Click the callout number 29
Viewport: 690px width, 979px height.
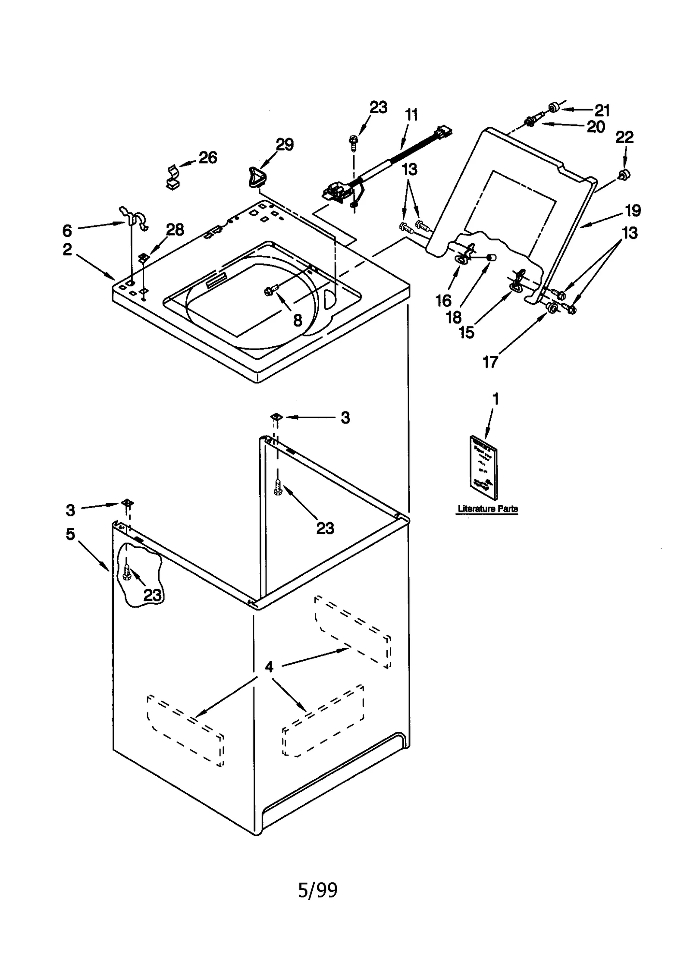click(285, 144)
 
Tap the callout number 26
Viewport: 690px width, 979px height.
click(207, 158)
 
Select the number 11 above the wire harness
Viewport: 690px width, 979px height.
click(411, 115)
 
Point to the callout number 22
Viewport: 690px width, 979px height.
click(624, 138)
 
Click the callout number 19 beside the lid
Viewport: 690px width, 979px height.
click(633, 210)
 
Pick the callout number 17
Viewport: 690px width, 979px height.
click(490, 362)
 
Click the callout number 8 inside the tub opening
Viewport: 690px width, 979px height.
click(298, 320)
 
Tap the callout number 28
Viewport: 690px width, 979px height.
click(175, 230)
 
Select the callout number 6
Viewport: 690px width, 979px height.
click(67, 231)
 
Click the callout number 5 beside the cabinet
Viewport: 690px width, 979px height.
click(70, 534)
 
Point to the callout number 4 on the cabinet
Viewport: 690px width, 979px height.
click(269, 667)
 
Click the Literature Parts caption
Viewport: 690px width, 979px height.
click(487, 509)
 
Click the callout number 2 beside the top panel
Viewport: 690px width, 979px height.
click(67, 249)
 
